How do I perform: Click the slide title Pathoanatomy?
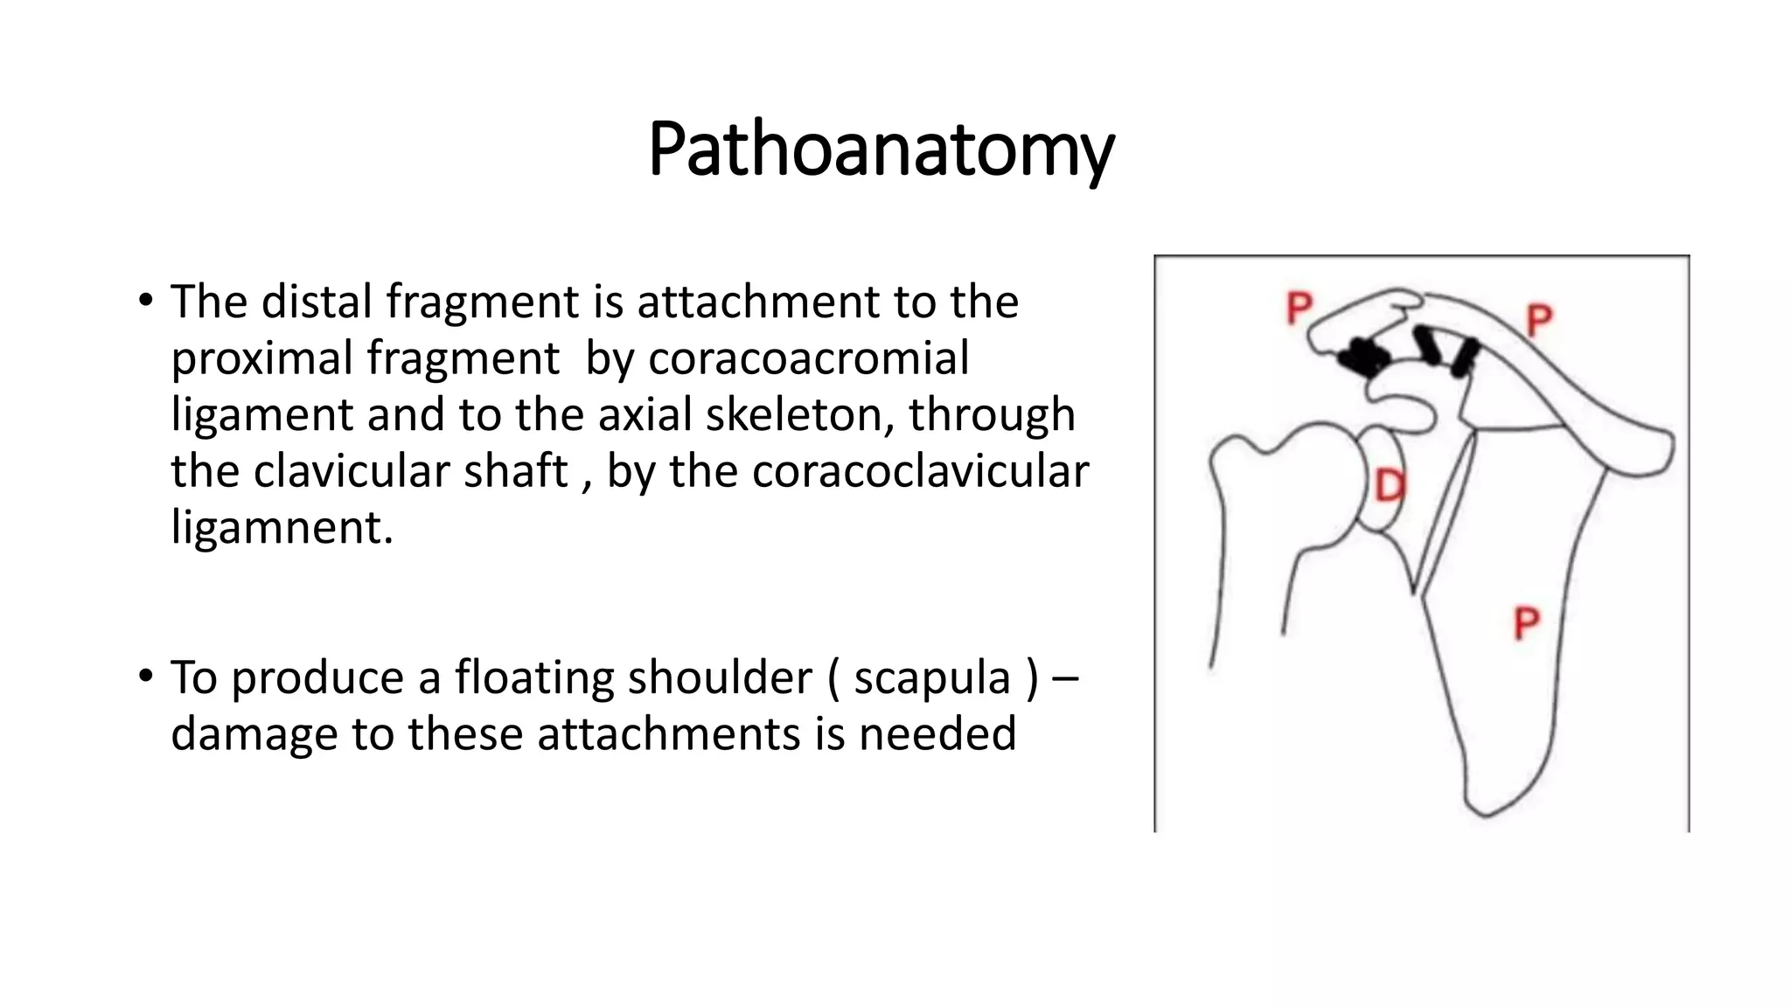881,149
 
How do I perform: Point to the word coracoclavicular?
920,471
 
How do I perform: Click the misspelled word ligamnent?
282,527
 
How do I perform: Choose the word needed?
937,733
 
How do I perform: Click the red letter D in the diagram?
1390,486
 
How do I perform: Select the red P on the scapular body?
1526,624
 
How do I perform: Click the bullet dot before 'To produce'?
145,677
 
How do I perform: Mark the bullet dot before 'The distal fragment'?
145,301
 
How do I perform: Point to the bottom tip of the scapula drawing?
1484,813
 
